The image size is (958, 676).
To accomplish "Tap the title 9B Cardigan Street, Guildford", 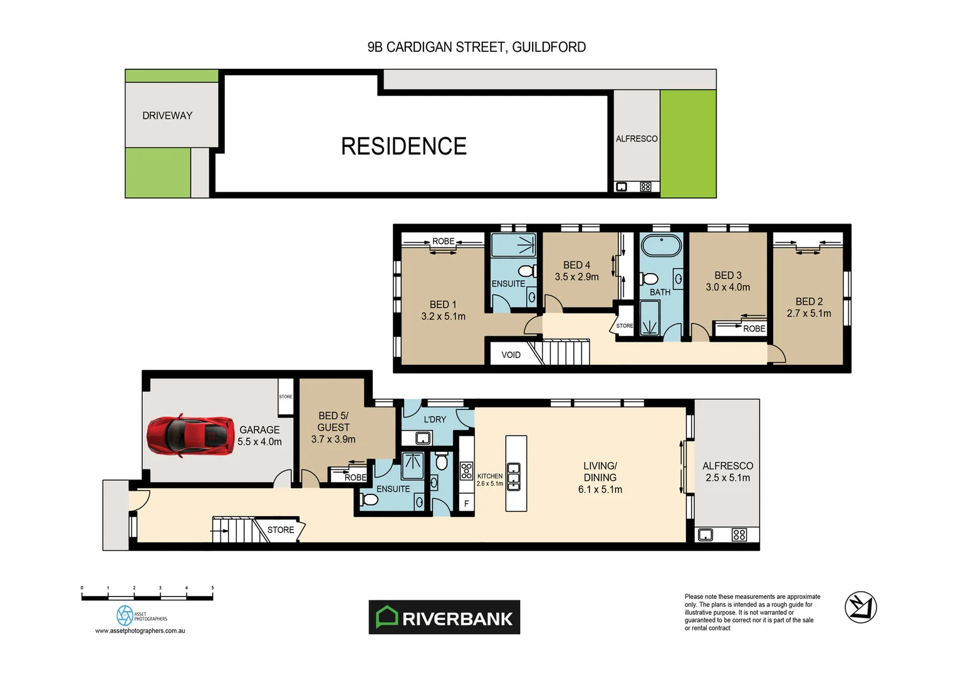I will pyautogui.click(x=476, y=47).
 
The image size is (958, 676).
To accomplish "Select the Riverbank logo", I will pyautogui.click(x=444, y=617).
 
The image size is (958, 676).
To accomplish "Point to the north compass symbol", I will pyautogui.click(x=860, y=607).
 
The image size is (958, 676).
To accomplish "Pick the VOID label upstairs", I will pyautogui.click(x=511, y=355).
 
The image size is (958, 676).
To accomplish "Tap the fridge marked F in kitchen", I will pyautogui.click(x=466, y=503).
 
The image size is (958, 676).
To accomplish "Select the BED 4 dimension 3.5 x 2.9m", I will pyautogui.click(x=576, y=277).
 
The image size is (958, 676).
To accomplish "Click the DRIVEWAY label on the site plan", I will pyautogui.click(x=167, y=116).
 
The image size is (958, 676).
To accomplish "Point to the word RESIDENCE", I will pyautogui.click(x=404, y=146).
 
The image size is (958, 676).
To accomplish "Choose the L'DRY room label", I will pyautogui.click(x=435, y=419).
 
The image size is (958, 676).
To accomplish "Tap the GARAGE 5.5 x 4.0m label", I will pyautogui.click(x=259, y=436).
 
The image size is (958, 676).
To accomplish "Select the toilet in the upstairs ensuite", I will pyautogui.click(x=526, y=271).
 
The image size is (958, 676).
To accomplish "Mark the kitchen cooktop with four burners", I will pyautogui.click(x=466, y=471).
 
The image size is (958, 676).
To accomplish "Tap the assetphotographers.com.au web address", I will pyautogui.click(x=140, y=631).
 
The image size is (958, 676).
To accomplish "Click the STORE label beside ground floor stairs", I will pyautogui.click(x=281, y=530).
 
